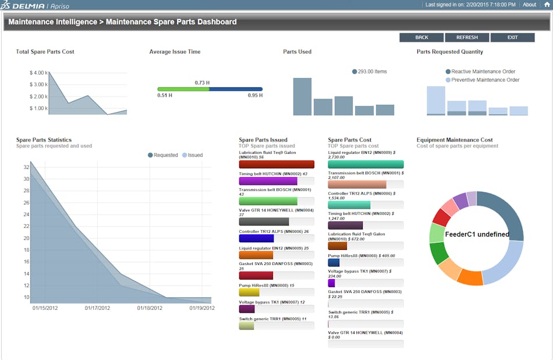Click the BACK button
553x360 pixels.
point(421,37)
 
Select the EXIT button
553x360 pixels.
point(512,37)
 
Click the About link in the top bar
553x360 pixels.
point(529,5)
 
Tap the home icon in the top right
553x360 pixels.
point(547,5)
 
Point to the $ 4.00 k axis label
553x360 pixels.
point(38,73)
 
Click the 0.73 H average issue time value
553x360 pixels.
point(202,83)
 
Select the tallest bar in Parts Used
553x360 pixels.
point(302,97)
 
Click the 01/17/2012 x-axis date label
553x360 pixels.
point(97,308)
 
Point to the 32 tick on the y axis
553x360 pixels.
point(26,167)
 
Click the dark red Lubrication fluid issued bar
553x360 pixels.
point(276,165)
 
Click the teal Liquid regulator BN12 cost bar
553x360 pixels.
point(366,165)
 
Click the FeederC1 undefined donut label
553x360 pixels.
point(477,235)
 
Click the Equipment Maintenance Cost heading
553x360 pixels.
point(455,140)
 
